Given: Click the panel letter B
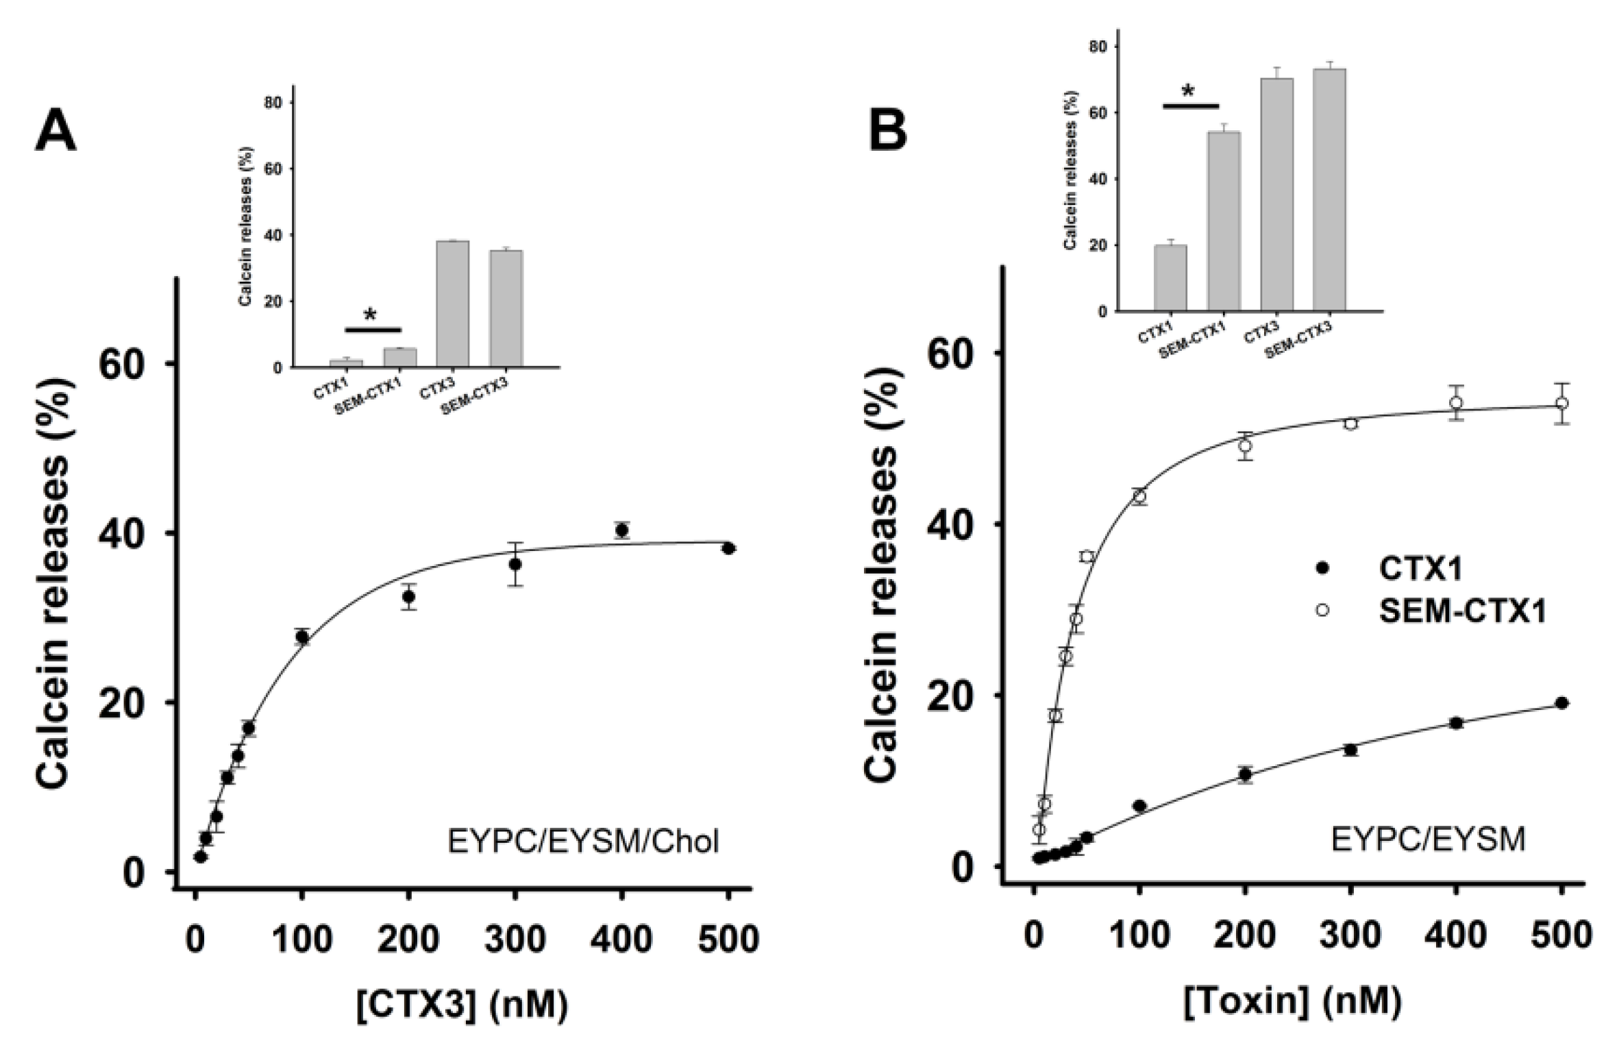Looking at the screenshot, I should click(x=888, y=130).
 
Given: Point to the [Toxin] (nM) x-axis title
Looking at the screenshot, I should click(x=1292, y=1002).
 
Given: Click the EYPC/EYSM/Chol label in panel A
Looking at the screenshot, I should click(x=583, y=841).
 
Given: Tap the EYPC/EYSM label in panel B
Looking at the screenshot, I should click(x=1428, y=838).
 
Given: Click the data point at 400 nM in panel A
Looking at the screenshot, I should click(x=622, y=530).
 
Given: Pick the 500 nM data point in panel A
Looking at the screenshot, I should click(x=728, y=548).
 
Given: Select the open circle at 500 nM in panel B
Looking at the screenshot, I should click(x=1561, y=403).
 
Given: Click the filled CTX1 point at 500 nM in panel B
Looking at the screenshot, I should click(x=1561, y=703).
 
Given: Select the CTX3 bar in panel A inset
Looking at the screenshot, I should click(x=453, y=304).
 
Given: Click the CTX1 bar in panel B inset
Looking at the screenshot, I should click(x=1170, y=278).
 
